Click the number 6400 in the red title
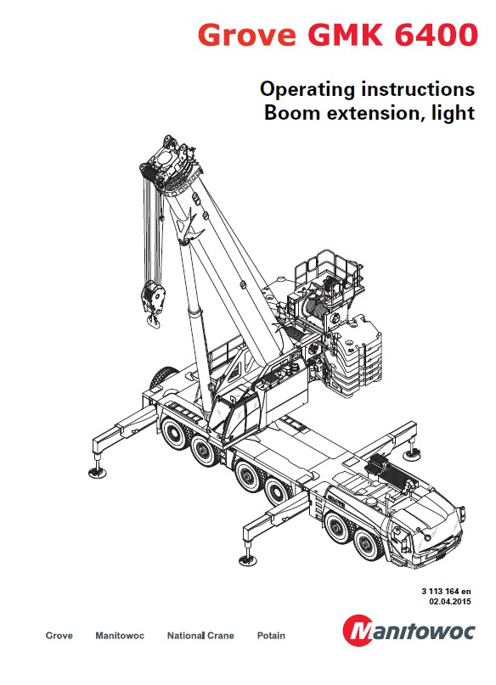click(436, 35)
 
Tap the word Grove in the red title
click(246, 35)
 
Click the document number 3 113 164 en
click(446, 591)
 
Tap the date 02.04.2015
click(449, 602)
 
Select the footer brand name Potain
click(271, 636)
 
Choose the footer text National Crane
click(200, 636)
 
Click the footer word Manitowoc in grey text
click(120, 636)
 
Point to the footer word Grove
click(59, 636)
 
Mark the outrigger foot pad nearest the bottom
click(248, 559)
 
